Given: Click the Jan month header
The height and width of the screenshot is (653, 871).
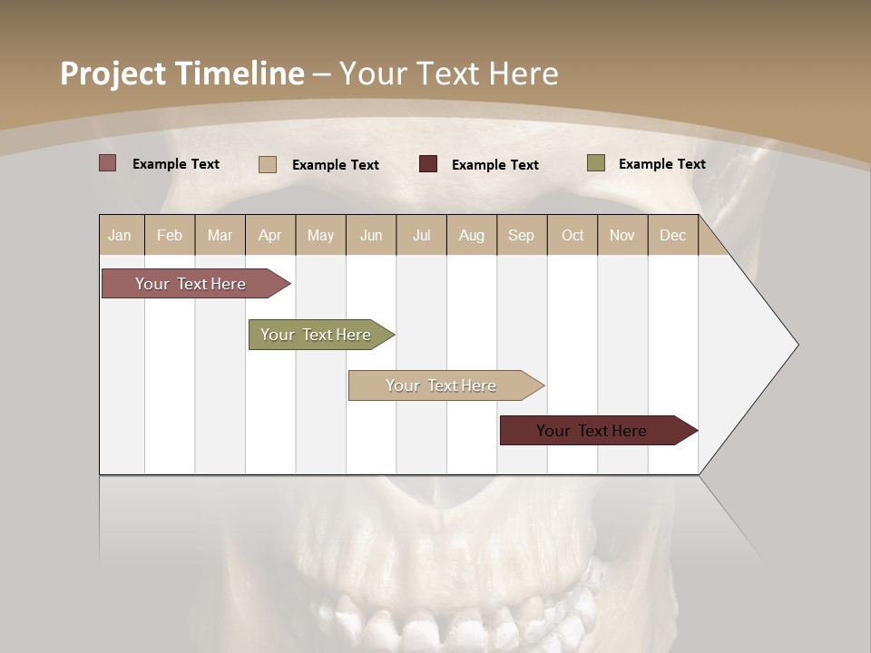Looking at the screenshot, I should tap(121, 235).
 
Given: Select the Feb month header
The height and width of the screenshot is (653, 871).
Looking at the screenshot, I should tap(170, 235).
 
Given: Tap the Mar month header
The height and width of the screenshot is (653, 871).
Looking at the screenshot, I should tap(220, 235).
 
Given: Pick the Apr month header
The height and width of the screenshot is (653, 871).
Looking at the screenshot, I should tap(270, 235).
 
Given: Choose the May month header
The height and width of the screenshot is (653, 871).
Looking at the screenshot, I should tap(320, 235).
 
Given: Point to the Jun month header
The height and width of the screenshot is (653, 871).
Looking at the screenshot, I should tap(371, 235).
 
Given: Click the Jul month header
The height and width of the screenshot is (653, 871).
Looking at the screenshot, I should tap(421, 235).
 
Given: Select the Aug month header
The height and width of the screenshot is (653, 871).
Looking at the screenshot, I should tap(472, 235).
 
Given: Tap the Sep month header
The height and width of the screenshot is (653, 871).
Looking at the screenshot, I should tap(522, 235).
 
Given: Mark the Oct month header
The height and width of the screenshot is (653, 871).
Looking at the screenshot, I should tap(573, 235).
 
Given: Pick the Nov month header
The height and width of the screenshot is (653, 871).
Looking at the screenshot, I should tap(622, 235).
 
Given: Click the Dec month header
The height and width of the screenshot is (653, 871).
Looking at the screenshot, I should tap(673, 235).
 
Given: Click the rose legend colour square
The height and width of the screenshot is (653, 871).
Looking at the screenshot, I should tap(108, 163).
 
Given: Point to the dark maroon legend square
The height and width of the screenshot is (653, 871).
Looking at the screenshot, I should tap(428, 164).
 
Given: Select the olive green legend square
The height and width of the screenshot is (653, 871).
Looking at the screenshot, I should tap(595, 163).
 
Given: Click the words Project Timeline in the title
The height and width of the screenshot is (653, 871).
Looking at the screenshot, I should tap(182, 73).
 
